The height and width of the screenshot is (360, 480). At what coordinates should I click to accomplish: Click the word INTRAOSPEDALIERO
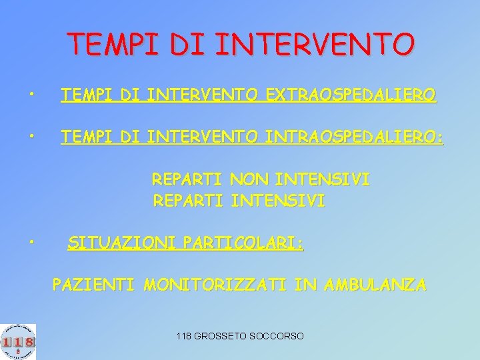pos(353,137)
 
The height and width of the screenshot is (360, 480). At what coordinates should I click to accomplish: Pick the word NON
pos(249,180)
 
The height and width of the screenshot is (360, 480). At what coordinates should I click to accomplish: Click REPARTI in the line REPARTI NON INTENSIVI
pos(188,180)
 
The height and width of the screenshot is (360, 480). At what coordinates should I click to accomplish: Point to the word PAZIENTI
pos(93,285)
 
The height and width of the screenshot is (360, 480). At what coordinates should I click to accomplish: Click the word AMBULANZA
pos(375,285)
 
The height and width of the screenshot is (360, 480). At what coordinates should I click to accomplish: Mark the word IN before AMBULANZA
pos(305,285)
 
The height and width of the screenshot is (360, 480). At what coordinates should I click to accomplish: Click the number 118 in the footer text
pos(185,336)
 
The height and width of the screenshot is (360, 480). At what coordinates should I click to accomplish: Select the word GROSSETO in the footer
pos(221,336)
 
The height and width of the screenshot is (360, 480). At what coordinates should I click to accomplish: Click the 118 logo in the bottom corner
pos(18,341)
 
